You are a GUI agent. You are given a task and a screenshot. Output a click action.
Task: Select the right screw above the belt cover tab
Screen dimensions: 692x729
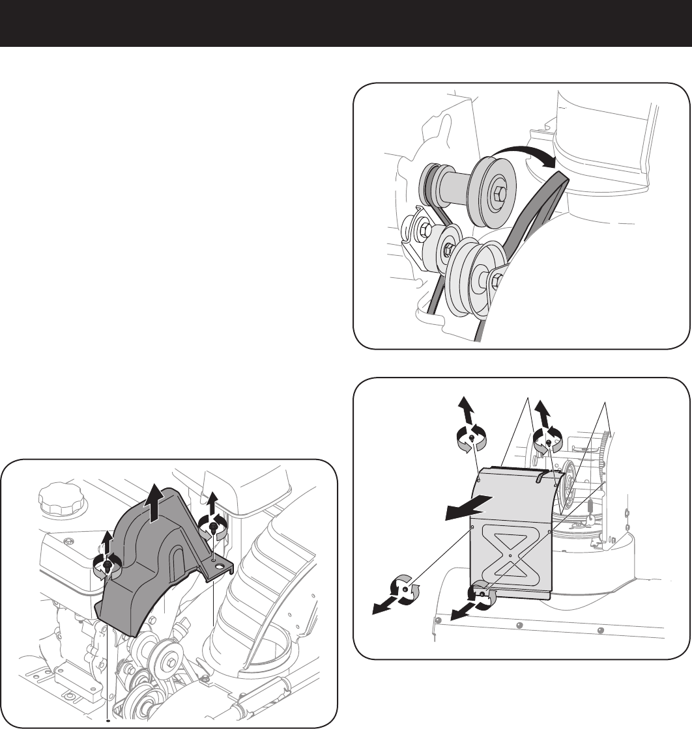pos(213,529)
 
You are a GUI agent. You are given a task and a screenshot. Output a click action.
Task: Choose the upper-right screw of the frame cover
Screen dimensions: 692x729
pos(549,443)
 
